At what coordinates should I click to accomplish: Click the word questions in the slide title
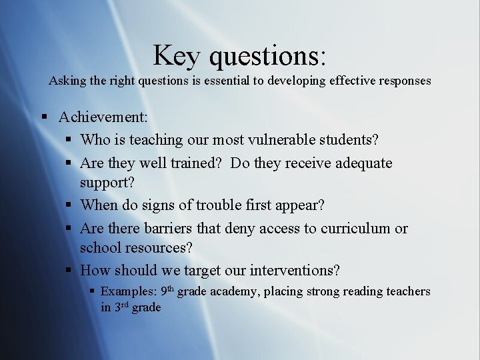(267, 56)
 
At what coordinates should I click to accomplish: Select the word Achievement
(103, 117)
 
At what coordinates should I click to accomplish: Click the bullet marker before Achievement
(44, 117)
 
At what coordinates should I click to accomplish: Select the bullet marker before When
(69, 205)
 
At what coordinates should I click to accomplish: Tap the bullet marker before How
(69, 270)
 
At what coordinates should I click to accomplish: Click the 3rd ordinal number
(121, 307)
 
